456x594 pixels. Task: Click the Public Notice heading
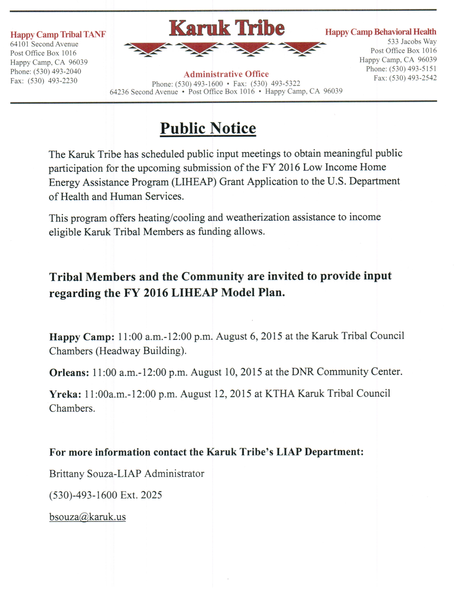point(208,128)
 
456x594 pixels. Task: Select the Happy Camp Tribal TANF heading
point(58,34)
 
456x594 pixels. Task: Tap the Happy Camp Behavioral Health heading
point(381,32)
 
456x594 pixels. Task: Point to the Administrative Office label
point(226,74)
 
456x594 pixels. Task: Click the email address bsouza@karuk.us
point(87,516)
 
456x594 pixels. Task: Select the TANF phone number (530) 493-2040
point(57,71)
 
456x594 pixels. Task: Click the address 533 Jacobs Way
point(412,42)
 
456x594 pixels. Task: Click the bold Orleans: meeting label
point(69,373)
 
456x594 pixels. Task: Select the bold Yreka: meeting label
point(65,394)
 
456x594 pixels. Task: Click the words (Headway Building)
point(141,351)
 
